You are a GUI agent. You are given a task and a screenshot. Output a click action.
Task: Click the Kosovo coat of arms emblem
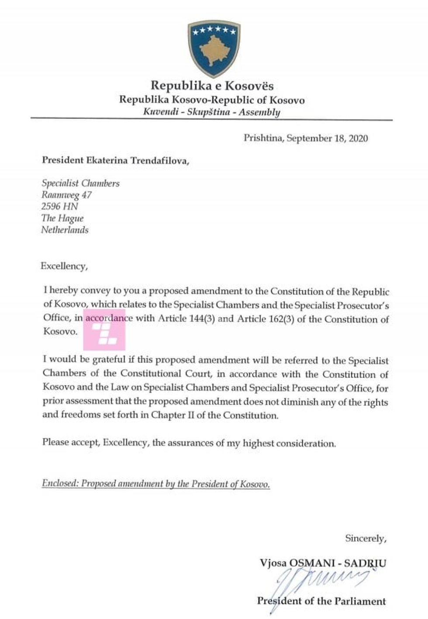(214, 48)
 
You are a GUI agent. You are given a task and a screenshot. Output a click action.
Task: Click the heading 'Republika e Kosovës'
(212, 86)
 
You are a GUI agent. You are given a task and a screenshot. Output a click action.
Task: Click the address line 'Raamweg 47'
(66, 195)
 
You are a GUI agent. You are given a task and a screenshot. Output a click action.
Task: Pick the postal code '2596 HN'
(59, 207)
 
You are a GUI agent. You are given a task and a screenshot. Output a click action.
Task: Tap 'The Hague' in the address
(62, 218)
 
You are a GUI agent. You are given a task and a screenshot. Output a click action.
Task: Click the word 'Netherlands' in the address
(65, 230)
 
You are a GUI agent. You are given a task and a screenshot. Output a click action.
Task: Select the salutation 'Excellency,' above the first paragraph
(64, 266)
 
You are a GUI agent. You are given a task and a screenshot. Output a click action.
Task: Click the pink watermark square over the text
(105, 330)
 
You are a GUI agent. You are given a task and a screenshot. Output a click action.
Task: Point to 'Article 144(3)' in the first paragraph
(186, 318)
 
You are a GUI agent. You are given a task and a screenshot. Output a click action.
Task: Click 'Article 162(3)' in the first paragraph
(265, 318)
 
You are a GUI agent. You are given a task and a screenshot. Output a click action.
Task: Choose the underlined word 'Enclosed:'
(60, 484)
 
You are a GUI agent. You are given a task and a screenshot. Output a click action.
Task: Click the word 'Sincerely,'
(366, 538)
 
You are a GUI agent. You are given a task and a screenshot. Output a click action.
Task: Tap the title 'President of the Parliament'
(321, 601)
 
